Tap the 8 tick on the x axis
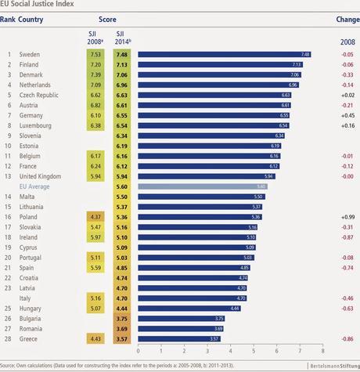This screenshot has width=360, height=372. [322, 350]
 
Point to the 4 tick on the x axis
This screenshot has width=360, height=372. [230, 350]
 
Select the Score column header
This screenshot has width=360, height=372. [108, 20]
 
